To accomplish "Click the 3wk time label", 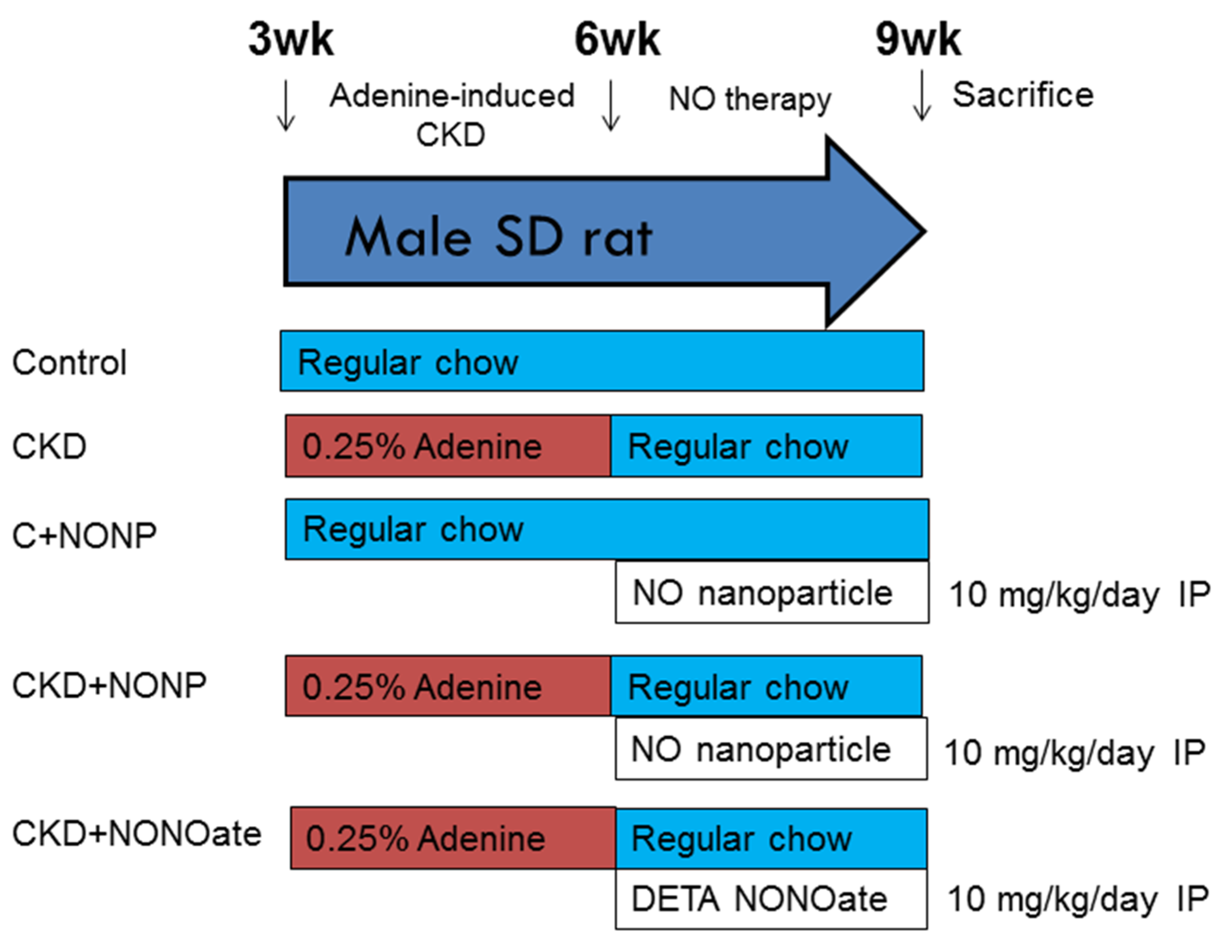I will click(x=291, y=40).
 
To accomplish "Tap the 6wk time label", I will click(x=617, y=40).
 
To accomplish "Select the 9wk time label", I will click(x=918, y=40).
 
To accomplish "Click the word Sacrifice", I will click(x=1022, y=95).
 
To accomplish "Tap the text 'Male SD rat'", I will click(x=498, y=238).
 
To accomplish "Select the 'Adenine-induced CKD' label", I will click(x=451, y=115).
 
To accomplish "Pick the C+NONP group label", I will click(x=84, y=536).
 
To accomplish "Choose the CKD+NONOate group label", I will click(x=137, y=834).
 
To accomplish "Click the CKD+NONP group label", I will click(x=109, y=686).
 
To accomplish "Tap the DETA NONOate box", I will click(x=771, y=899).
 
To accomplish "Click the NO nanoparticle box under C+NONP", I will click(x=772, y=592).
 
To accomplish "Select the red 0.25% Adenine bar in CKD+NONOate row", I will click(x=453, y=838).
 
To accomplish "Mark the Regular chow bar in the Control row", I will click(x=601, y=361).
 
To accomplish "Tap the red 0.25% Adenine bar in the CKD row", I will click(x=448, y=446).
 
